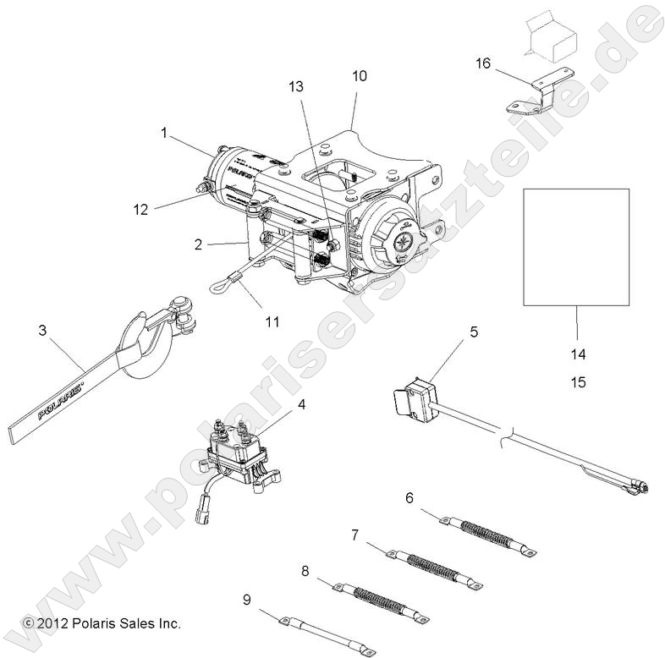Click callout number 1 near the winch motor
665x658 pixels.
(166, 132)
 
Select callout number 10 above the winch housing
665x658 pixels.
(360, 75)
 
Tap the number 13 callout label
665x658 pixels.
(295, 86)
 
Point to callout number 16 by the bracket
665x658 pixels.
(482, 64)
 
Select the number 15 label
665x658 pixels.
(578, 382)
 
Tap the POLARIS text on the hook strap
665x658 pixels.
(59, 403)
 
